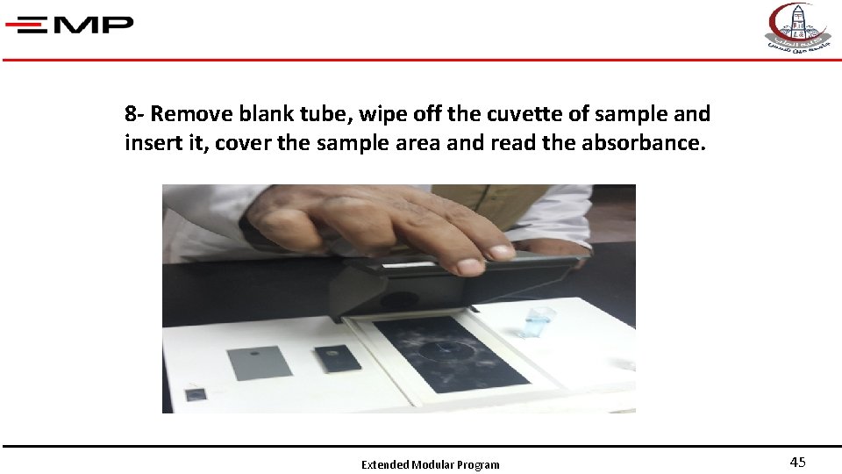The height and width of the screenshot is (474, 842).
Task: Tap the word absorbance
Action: point(643,143)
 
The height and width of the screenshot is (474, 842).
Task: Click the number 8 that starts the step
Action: point(130,114)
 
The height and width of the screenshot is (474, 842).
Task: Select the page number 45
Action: point(797,463)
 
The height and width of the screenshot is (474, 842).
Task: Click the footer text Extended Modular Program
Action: point(430,465)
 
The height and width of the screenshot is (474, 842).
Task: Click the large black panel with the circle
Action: point(451,352)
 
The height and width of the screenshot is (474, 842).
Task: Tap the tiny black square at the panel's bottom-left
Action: point(195,395)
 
